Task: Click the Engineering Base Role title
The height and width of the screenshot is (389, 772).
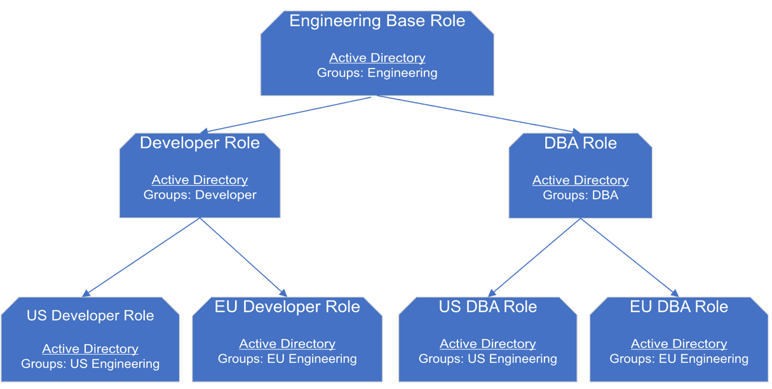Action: [x=377, y=21]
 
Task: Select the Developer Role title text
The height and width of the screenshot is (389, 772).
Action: [x=200, y=143]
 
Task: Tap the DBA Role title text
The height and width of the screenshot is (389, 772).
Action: [x=580, y=143]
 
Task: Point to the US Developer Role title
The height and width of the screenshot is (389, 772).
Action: [x=90, y=316]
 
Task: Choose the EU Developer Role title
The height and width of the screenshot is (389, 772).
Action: [x=287, y=307]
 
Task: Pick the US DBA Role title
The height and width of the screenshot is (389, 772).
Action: [x=487, y=307]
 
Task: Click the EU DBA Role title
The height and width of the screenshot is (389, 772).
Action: [x=679, y=307]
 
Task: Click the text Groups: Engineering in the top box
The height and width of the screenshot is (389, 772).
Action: [x=377, y=73]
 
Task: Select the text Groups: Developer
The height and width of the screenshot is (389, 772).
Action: [x=200, y=195]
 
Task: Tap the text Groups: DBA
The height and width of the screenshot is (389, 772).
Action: [x=580, y=195]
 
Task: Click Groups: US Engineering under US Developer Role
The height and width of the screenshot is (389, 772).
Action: [x=90, y=364]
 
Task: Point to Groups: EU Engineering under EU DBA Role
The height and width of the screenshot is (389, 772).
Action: [x=679, y=359]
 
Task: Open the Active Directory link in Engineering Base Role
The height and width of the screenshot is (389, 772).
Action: [x=377, y=58]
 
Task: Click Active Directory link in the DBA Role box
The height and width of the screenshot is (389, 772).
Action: [x=580, y=180]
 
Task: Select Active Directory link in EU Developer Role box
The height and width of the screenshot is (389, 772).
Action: [x=287, y=344]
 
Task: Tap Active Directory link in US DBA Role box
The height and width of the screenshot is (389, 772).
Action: [x=487, y=344]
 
